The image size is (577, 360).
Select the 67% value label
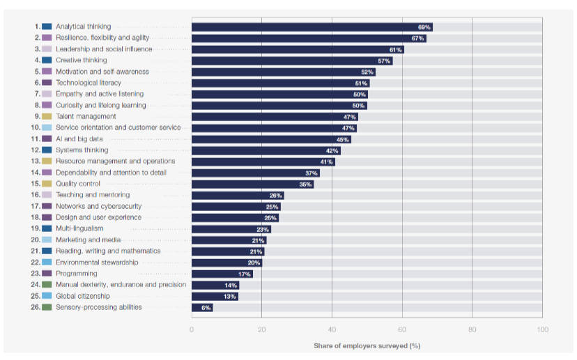pyautogui.click(x=418, y=38)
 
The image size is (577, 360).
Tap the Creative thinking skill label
pyautogui.click(x=82, y=61)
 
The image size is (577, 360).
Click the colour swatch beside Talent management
pyautogui.click(x=47, y=116)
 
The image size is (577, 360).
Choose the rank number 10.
pyautogui.click(x=35, y=127)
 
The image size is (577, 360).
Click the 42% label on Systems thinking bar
pyautogui.click(x=332, y=150)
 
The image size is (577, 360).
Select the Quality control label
pyautogui.click(x=78, y=184)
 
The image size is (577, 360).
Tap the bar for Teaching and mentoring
pyautogui.click(x=237, y=195)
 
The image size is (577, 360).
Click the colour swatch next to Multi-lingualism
pyautogui.click(x=47, y=228)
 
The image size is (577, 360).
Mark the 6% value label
pyautogui.click(x=206, y=307)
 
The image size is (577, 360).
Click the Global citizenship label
pyautogui.click(x=83, y=296)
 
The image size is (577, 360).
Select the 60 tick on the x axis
pyautogui.click(x=401, y=329)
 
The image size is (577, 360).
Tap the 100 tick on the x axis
pyautogui.click(x=542, y=329)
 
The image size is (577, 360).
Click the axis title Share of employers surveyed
pyautogui.click(x=367, y=345)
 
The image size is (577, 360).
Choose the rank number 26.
pyautogui.click(x=35, y=307)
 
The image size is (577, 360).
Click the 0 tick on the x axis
pyautogui.click(x=192, y=329)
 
